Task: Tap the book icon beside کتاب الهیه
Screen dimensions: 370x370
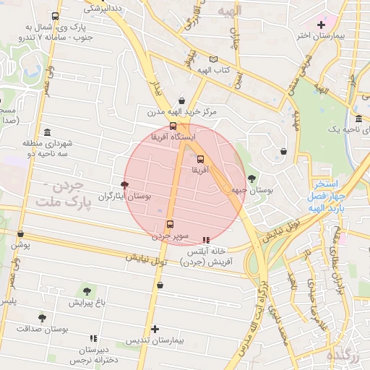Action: click(x=212, y=59)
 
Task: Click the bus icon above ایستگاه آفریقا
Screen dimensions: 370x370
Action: click(x=171, y=126)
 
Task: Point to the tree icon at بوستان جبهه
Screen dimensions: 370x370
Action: click(x=251, y=178)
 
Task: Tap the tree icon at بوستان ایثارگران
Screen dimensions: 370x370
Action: click(x=126, y=185)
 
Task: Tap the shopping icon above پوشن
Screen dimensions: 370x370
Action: click(x=20, y=234)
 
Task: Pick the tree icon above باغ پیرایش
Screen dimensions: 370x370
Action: click(x=87, y=291)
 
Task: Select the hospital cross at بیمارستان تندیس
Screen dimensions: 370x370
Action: click(x=154, y=329)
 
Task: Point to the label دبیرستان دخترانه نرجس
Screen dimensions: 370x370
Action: click(x=92, y=353)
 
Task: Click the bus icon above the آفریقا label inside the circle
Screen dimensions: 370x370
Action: click(x=200, y=159)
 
